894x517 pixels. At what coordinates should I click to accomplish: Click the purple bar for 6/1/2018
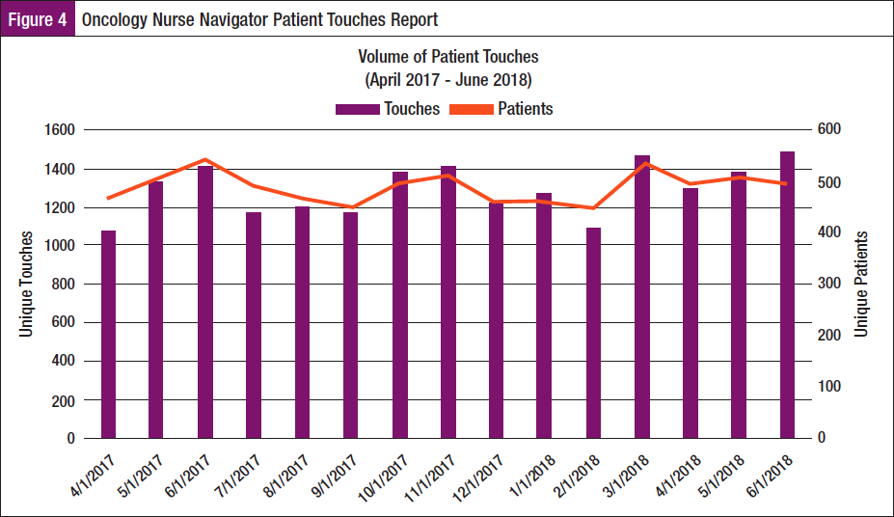787,294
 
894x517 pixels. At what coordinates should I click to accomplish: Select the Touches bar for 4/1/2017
108,334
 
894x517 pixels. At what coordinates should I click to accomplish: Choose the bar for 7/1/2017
254,325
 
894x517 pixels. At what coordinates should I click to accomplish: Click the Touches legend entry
388,109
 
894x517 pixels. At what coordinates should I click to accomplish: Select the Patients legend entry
511,109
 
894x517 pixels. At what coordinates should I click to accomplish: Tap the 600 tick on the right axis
830,130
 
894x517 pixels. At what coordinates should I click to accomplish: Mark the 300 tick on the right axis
830,285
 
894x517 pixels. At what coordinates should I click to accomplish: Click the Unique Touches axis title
28,285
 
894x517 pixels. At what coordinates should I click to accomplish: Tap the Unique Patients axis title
861,285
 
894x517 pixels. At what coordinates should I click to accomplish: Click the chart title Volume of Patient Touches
447,58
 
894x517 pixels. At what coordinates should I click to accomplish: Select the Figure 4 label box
38,19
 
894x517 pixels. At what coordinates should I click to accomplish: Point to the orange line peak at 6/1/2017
205,160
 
